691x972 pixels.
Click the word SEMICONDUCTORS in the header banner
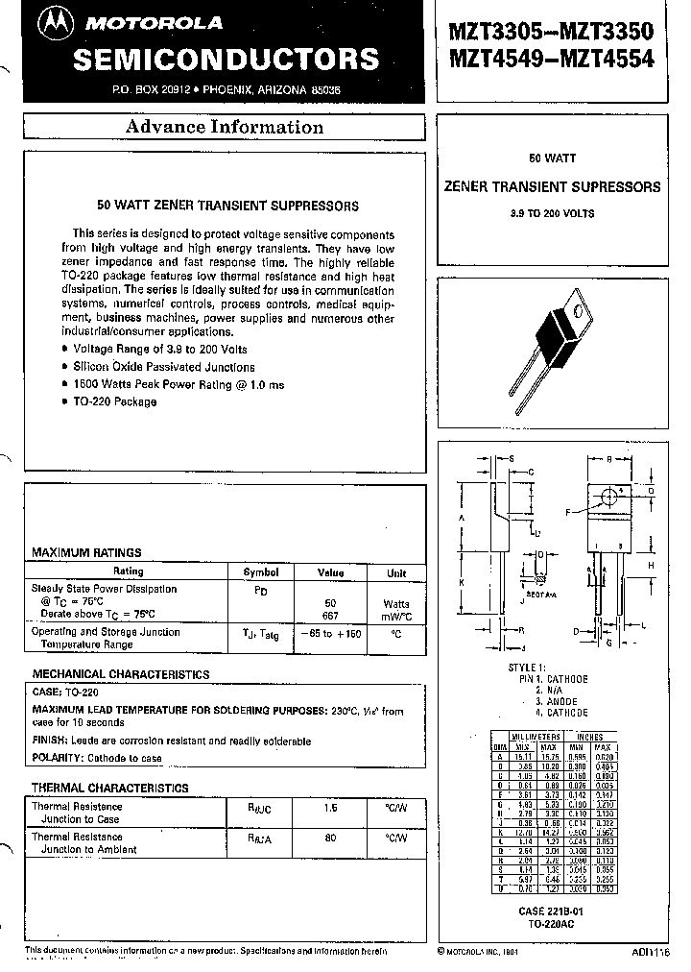coord(226,60)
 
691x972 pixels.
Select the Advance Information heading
coord(225,128)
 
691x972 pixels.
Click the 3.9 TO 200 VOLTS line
coord(552,213)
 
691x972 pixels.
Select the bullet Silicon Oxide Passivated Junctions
coord(163,367)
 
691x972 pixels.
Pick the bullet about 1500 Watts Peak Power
coord(179,384)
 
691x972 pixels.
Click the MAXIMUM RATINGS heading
coord(87,552)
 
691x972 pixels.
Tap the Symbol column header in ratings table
coord(260,571)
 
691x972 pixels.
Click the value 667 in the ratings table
coord(331,614)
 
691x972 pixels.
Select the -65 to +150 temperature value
coord(331,635)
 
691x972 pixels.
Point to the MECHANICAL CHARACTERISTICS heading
coord(121,674)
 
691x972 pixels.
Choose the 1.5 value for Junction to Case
coord(331,809)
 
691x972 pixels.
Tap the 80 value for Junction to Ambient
coord(331,838)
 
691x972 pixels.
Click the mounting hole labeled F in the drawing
coord(608,498)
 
